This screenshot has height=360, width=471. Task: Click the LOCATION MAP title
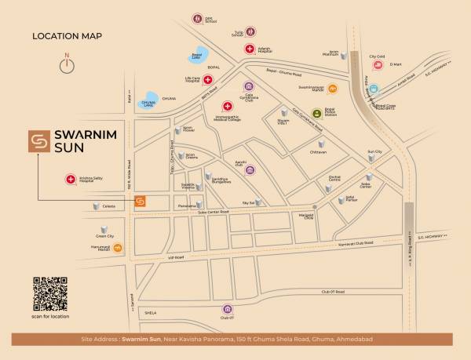[x=67, y=36]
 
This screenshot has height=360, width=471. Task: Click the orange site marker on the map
[x=140, y=201]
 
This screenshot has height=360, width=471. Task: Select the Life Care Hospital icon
[x=208, y=79]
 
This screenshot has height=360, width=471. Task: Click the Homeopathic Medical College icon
[x=228, y=106]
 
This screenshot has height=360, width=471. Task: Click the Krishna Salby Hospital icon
[x=71, y=180]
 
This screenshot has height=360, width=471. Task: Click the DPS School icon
[x=195, y=17]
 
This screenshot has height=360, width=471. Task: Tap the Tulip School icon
[x=250, y=32]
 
